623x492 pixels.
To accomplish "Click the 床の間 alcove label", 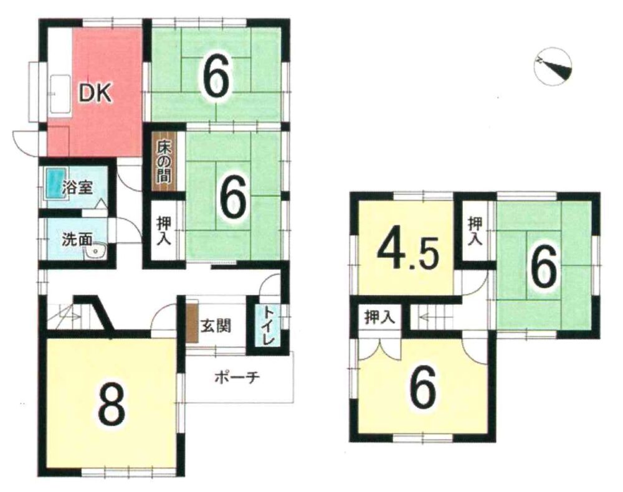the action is pos(164,162).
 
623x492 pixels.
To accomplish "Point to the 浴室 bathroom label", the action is pos(78,187).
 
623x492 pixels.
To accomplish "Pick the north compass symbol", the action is pos(553,66).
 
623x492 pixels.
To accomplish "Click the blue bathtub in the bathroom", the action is pos(53,182).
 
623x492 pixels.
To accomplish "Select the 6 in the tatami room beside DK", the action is pos(216,77).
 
